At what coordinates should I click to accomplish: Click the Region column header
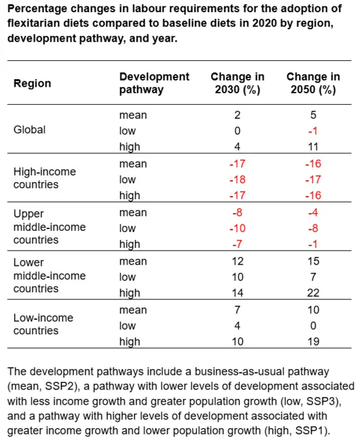(x=32, y=83)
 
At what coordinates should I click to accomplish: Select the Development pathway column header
(x=154, y=83)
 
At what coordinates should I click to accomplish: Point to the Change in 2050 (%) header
(x=313, y=83)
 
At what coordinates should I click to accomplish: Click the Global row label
(x=30, y=129)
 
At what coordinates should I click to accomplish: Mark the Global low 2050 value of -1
(x=313, y=131)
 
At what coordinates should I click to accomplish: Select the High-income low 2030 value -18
(x=237, y=180)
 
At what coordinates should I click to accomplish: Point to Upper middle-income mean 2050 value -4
(x=313, y=212)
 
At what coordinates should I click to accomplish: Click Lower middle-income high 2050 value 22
(x=313, y=293)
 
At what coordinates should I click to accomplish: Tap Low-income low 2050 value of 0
(x=313, y=326)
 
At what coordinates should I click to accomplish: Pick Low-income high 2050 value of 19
(x=313, y=342)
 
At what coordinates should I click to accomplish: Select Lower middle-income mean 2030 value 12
(x=237, y=261)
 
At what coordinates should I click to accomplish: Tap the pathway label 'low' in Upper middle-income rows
(x=128, y=228)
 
